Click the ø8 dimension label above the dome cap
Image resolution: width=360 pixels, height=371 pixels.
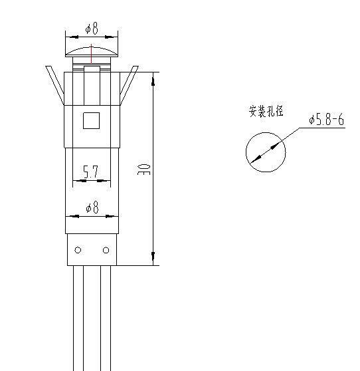pos(92,28)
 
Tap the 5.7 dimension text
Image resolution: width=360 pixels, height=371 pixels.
pos(90,172)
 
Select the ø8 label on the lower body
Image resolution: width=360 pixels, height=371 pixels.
pos(92,207)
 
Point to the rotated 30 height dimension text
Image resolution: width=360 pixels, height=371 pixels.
pos(143,169)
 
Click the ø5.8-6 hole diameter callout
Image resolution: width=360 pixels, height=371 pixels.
pos(326,119)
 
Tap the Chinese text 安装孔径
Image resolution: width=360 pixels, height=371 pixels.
pos(266,111)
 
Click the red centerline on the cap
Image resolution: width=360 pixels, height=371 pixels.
pos(91,54)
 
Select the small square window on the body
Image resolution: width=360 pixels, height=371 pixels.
pos(91,120)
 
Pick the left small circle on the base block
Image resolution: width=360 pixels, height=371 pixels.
pos(78,250)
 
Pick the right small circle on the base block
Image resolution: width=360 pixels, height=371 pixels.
pos(106,250)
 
